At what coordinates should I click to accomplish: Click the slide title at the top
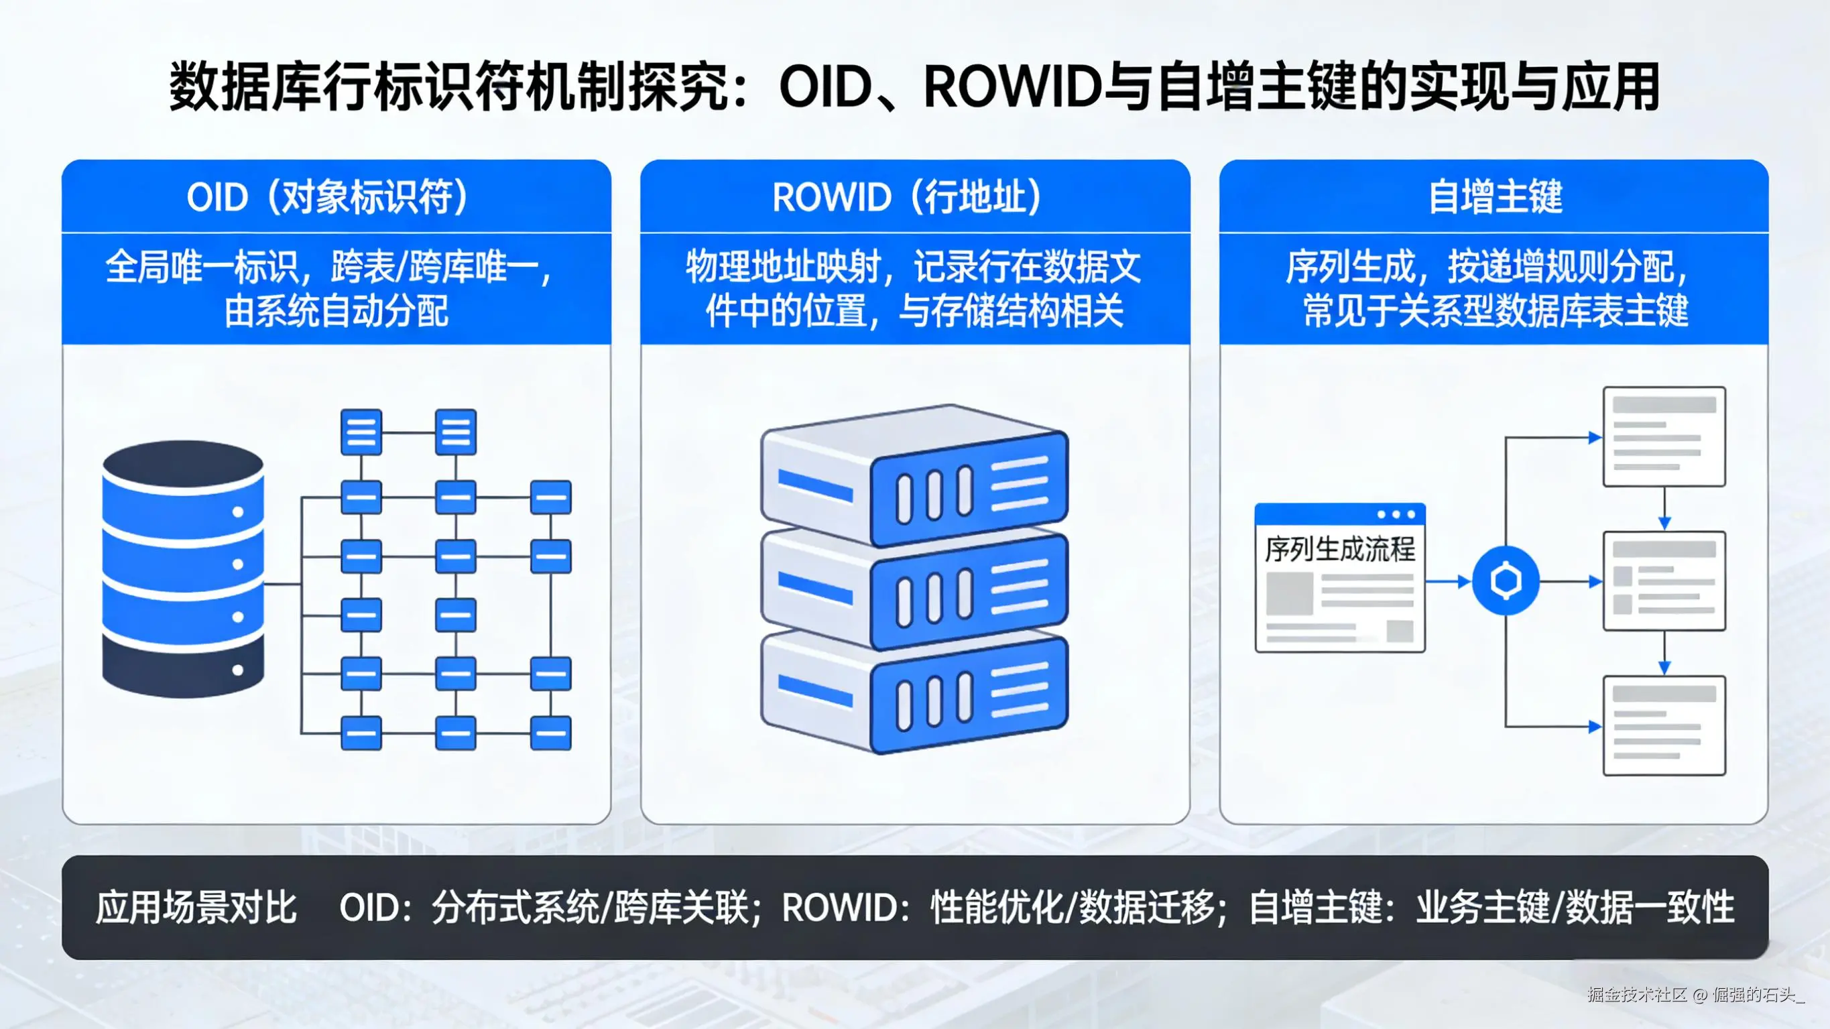(x=914, y=87)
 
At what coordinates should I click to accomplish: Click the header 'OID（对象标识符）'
(x=328, y=197)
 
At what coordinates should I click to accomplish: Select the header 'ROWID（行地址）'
(x=907, y=197)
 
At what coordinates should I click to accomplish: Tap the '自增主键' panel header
(x=1495, y=197)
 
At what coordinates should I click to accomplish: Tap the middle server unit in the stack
(x=914, y=587)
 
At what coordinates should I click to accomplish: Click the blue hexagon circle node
(x=1506, y=581)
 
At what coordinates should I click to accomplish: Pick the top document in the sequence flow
(x=1664, y=436)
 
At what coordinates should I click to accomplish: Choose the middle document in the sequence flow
(x=1664, y=581)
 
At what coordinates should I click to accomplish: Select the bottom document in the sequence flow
(x=1664, y=725)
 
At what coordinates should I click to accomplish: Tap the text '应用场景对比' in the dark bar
(x=196, y=908)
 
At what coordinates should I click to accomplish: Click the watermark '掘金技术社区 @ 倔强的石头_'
(x=1696, y=994)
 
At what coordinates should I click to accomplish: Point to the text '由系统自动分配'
(x=336, y=311)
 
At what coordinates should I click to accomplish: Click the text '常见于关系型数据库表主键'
(x=1495, y=311)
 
